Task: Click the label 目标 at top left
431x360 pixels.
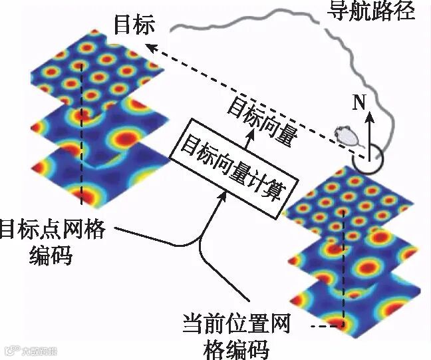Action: [x=134, y=25]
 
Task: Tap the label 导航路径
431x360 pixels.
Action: [x=372, y=11]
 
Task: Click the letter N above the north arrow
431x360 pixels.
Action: [x=359, y=102]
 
